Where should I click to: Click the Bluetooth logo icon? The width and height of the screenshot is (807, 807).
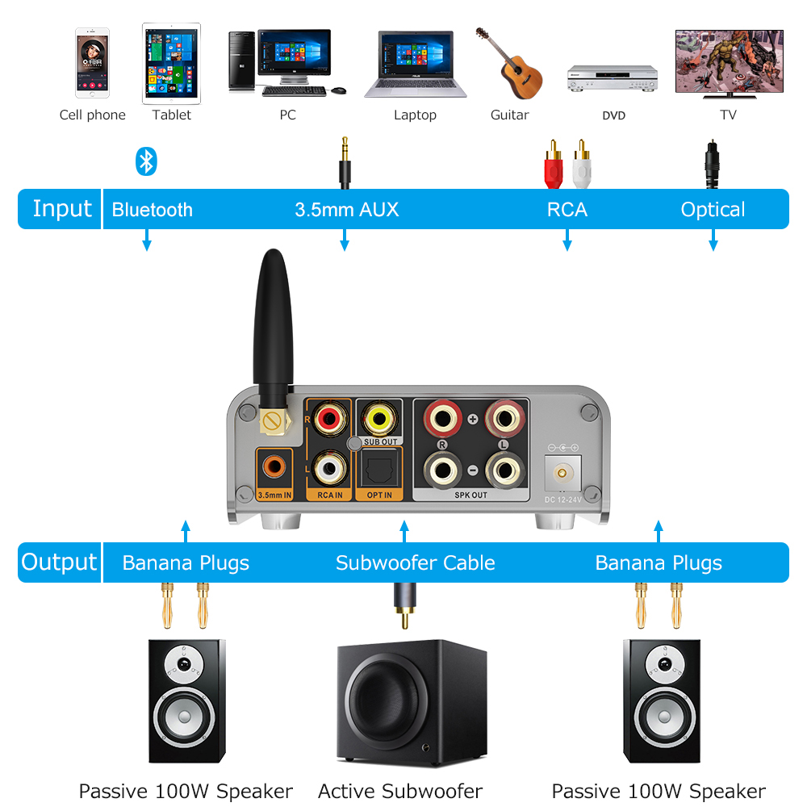(145, 161)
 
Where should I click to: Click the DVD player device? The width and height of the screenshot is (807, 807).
(613, 77)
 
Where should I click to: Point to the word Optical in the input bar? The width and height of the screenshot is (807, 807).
(713, 210)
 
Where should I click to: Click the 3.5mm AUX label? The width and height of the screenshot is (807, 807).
(346, 210)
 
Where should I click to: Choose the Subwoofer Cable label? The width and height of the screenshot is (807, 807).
(415, 563)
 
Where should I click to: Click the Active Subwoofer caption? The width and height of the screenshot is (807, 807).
(400, 791)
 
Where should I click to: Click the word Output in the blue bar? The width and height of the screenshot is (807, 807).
(59, 562)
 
